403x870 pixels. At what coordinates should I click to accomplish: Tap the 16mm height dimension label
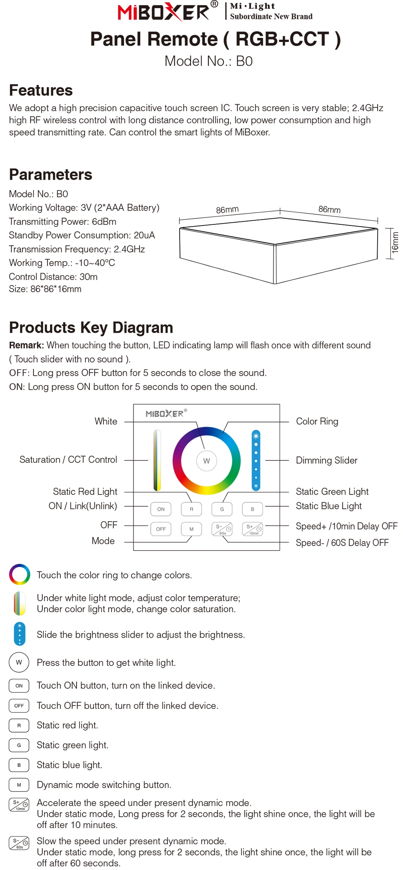(x=395, y=242)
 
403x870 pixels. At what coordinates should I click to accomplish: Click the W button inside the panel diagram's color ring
(x=206, y=461)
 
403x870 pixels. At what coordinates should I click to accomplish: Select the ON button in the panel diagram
(x=161, y=509)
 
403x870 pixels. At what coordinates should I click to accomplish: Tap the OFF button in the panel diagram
(x=161, y=529)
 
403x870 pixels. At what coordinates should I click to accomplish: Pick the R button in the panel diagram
(x=191, y=509)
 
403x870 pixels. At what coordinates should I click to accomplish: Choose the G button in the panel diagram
(x=222, y=509)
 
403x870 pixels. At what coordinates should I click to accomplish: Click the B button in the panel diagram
(x=253, y=509)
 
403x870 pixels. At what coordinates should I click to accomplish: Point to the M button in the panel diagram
(x=191, y=529)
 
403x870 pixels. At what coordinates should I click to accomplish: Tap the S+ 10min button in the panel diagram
(x=253, y=529)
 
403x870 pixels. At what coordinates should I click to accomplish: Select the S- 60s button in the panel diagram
(x=222, y=529)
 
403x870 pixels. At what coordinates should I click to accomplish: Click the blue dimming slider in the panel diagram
(x=256, y=460)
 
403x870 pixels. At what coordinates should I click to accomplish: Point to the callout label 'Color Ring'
(x=317, y=421)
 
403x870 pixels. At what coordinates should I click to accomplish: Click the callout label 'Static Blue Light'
(x=328, y=506)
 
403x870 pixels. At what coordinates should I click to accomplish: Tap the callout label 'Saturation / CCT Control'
(x=68, y=460)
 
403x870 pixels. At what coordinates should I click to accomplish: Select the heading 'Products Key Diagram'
(x=91, y=327)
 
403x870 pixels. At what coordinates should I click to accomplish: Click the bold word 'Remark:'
(x=27, y=345)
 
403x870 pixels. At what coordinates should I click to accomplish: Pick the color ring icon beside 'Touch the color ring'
(x=19, y=574)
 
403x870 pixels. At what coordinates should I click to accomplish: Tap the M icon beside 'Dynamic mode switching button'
(x=19, y=785)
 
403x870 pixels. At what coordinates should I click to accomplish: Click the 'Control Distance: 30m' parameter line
(x=53, y=277)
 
